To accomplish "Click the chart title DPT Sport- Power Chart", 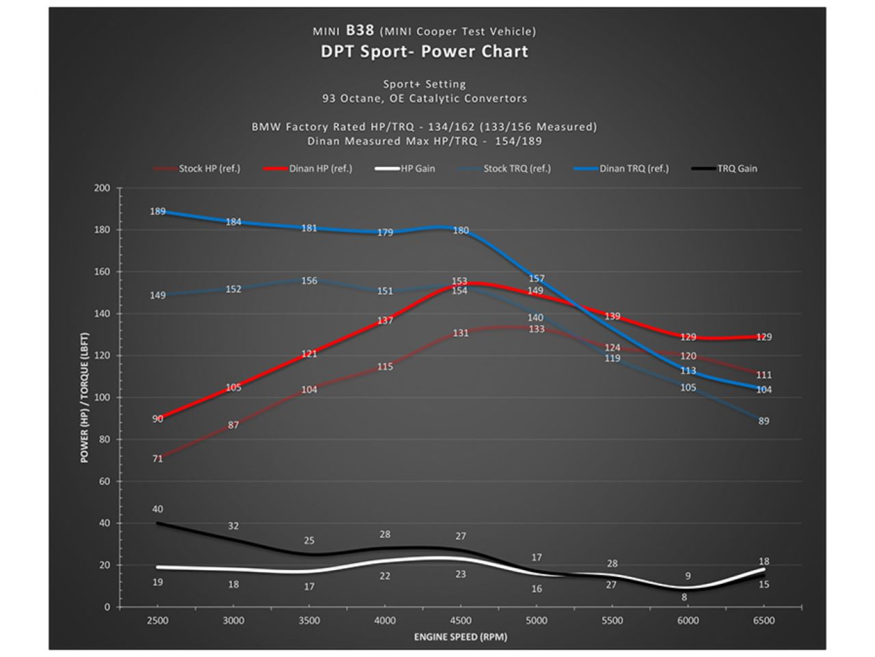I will (x=425, y=52).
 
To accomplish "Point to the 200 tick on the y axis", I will (x=102, y=188).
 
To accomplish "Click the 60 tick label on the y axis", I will (x=105, y=482).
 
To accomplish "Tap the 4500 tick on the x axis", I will (x=461, y=621).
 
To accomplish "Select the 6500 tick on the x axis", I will (x=764, y=621).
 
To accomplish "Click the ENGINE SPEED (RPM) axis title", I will (x=461, y=637).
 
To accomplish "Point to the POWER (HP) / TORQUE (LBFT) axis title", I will (x=85, y=398).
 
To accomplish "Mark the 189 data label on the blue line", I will (x=158, y=211).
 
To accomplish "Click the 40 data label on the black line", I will (x=158, y=509).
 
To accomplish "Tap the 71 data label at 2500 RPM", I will (x=158, y=459).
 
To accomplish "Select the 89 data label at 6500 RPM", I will (x=764, y=421).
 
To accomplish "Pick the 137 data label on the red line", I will (x=385, y=320).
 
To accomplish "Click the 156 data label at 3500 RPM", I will (x=309, y=281).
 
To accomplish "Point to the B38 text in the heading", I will (x=360, y=30).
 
